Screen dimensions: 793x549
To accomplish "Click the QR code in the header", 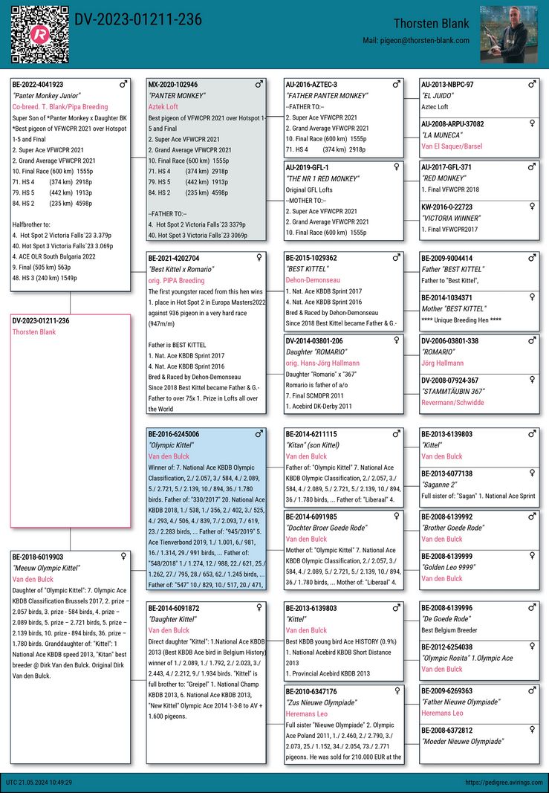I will pos(39,33).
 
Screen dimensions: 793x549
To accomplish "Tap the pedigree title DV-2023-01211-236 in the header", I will pos(138,20).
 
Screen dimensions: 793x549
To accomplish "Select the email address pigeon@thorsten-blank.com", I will pos(416,41).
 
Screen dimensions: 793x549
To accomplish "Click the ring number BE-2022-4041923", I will pos(38,85).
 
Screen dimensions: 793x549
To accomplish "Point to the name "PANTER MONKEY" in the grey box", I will pos(177,96).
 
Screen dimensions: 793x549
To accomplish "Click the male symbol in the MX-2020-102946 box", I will pos(259,85).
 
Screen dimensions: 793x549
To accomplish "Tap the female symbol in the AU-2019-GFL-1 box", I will pos(396,167).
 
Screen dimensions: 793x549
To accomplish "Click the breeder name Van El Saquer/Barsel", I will pos(452,146).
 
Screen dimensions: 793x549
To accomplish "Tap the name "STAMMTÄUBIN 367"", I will pos(453,391).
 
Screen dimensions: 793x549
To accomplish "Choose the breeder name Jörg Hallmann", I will pos(442,363).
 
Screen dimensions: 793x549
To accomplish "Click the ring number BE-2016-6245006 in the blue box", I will pos(174,434).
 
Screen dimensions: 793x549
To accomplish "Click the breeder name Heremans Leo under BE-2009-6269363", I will pos(442,713).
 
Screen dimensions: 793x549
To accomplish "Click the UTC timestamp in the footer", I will pos(39,783).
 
